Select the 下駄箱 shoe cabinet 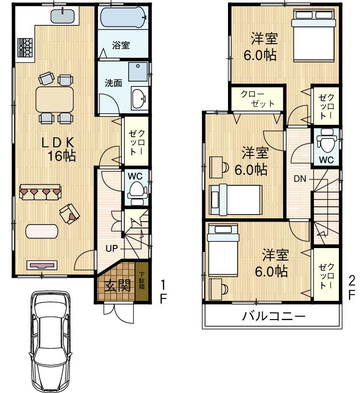tap(142, 281)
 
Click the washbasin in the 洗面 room tap(140, 98)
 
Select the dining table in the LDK tap(55, 99)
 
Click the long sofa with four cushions tap(40, 192)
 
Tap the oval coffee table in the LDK tap(42, 231)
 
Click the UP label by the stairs tap(111, 249)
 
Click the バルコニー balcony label tap(273, 317)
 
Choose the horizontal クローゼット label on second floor tap(257, 98)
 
